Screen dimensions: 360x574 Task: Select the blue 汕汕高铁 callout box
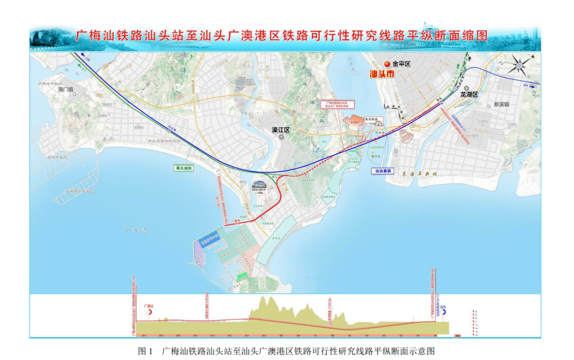pos(382,171)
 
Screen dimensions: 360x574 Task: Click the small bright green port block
pos(242,275)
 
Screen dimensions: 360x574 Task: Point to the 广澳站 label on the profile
pos(149,307)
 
